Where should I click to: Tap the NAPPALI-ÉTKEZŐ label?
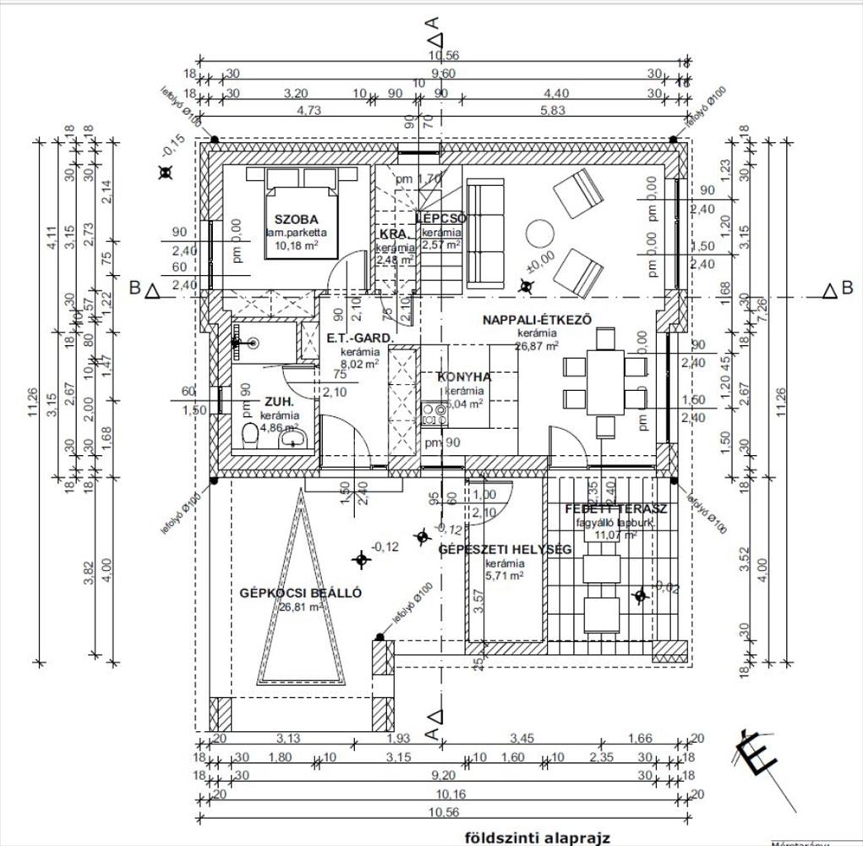pos(536,320)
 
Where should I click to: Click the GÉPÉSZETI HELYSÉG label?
pos(505,550)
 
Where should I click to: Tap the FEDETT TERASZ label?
pos(616,509)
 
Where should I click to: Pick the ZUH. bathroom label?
pos(279,402)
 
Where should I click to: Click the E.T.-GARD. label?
pos(360,338)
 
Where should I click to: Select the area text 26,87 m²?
pos(538,346)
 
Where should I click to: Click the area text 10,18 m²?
pos(296,245)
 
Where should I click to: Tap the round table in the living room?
pos(538,233)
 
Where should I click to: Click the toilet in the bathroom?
pos(250,437)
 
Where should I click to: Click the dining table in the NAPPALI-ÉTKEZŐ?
pos(604,377)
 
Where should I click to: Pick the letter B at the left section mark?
pos(134,288)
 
